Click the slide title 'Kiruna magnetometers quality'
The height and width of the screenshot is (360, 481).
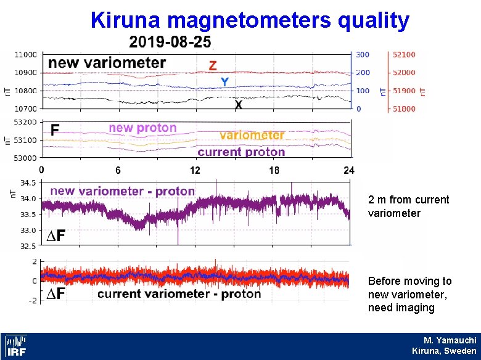(250, 20)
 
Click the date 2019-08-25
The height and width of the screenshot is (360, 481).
(170, 43)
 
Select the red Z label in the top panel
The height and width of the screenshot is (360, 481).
(212, 65)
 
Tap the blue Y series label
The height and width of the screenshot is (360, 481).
(225, 81)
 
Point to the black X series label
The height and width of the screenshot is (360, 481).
(238, 105)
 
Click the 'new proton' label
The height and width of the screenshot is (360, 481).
(142, 128)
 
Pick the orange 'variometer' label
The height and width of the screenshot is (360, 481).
(252, 135)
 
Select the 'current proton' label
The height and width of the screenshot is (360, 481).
(241, 152)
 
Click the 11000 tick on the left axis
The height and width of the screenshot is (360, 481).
(27, 55)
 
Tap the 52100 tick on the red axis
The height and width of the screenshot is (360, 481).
(404, 55)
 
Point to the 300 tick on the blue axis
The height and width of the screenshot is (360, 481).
(363, 55)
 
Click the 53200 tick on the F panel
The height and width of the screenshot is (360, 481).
(27, 122)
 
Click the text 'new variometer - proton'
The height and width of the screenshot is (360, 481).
(122, 191)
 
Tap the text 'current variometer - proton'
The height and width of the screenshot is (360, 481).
(179, 294)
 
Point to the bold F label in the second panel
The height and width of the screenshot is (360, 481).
(55, 130)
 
